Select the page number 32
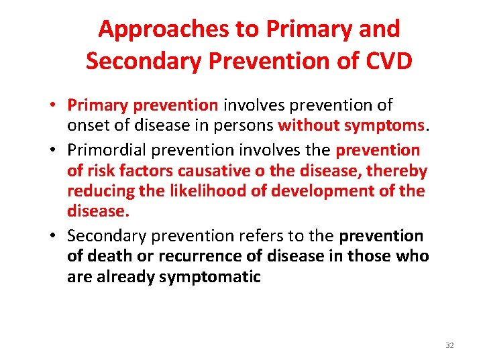coord(449,345)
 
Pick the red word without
coord(308,126)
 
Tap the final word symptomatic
coord(210,277)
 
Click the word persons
coord(248,126)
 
